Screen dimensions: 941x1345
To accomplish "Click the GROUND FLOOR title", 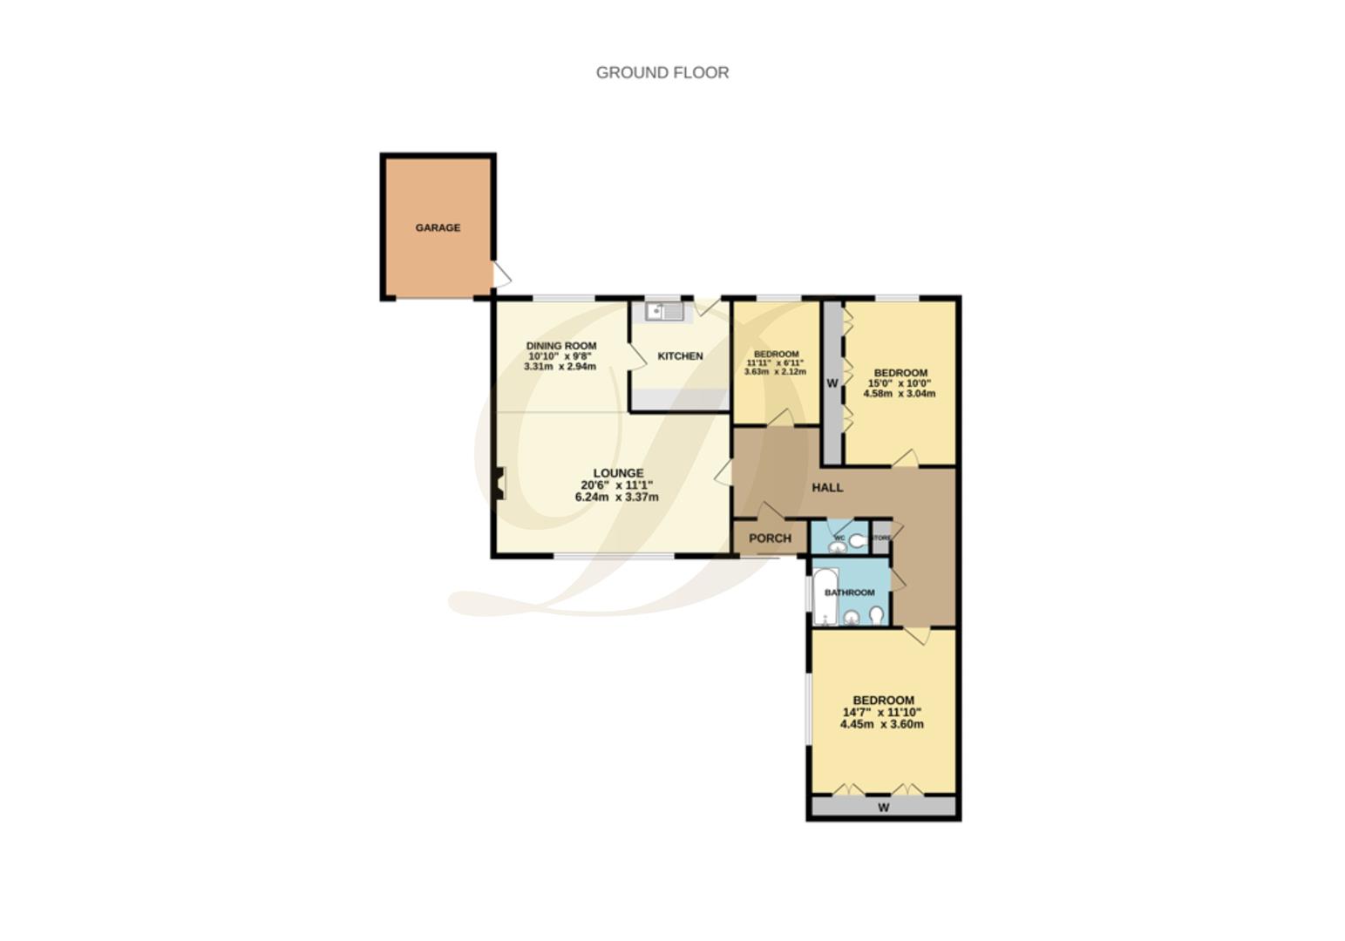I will (x=662, y=72).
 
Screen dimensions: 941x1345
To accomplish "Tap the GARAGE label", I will (x=438, y=227).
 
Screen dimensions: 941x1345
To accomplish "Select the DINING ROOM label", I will (x=560, y=346).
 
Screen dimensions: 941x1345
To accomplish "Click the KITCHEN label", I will (x=680, y=355).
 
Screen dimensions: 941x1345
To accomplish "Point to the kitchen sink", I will (x=664, y=311).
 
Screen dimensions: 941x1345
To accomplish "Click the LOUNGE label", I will (x=618, y=473).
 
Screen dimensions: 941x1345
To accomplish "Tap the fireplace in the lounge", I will (x=499, y=484).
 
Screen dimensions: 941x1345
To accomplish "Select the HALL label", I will (x=827, y=487).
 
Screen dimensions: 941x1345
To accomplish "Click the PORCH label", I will (x=770, y=538).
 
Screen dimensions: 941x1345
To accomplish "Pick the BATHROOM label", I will (x=849, y=592).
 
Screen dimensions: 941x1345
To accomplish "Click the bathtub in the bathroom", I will (x=825, y=597).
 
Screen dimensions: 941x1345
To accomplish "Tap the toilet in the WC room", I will (x=858, y=541).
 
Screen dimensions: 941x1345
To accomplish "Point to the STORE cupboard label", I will (x=880, y=538).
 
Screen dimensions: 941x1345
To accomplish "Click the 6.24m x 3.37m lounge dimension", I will (x=616, y=498).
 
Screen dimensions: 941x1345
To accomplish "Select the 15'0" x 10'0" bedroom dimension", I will (x=900, y=383).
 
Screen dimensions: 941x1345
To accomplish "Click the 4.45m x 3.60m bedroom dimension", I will (x=882, y=724).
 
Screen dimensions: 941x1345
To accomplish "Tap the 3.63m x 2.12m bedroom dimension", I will (x=775, y=372).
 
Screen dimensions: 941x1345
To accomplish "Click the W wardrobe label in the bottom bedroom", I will (x=883, y=808).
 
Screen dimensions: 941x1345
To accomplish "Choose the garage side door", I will (x=501, y=274).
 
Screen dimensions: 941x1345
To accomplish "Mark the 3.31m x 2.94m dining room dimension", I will (x=560, y=367).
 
